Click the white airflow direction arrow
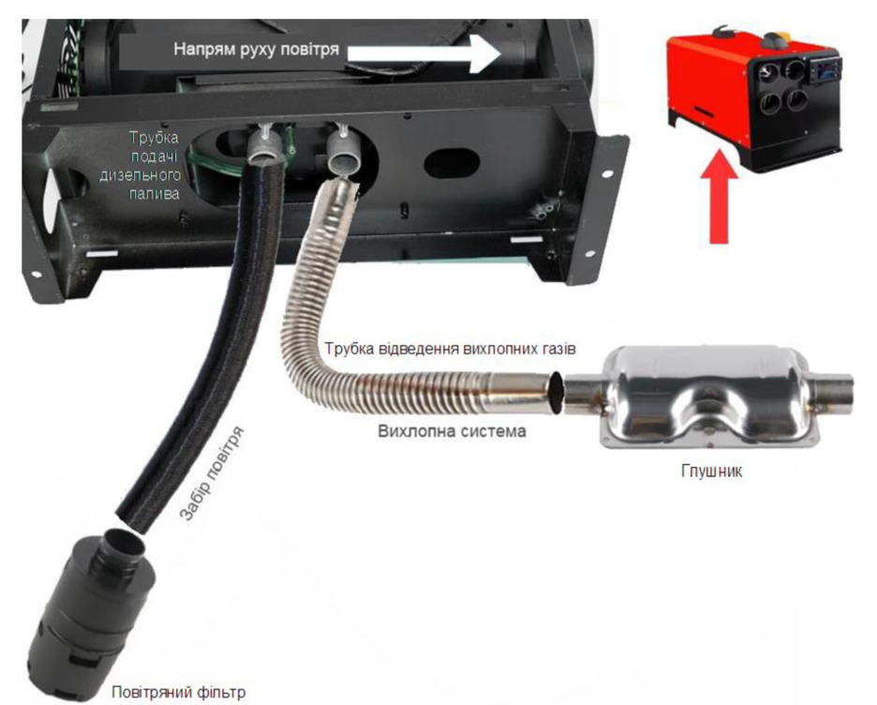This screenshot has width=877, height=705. [x=424, y=52]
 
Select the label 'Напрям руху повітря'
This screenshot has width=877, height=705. [x=256, y=50]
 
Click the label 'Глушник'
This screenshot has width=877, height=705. [x=711, y=471]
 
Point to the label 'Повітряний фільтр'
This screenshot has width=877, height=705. [x=178, y=692]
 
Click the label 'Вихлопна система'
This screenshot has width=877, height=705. [x=452, y=431]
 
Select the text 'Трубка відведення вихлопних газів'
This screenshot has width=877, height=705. [x=451, y=349]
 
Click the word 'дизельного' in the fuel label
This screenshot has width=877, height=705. [x=140, y=175]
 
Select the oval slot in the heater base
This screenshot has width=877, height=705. [x=452, y=162]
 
